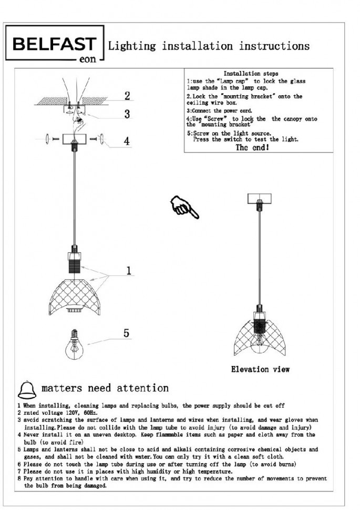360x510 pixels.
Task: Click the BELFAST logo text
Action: pos(55,44)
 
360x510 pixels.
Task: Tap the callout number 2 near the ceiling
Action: pos(127,96)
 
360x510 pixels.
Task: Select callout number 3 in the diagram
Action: pos(127,114)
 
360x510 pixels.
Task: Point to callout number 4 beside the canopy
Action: pos(127,141)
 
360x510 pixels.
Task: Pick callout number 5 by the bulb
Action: pos(126,333)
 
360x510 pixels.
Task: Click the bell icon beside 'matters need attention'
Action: pos(27,390)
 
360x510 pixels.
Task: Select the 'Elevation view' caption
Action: pos(260,369)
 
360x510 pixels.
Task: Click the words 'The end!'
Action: pos(252,148)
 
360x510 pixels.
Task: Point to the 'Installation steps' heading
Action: pos(251,74)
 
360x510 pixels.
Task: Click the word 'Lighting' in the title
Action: pos(132,46)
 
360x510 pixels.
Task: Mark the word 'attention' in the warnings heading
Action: pos(142,389)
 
